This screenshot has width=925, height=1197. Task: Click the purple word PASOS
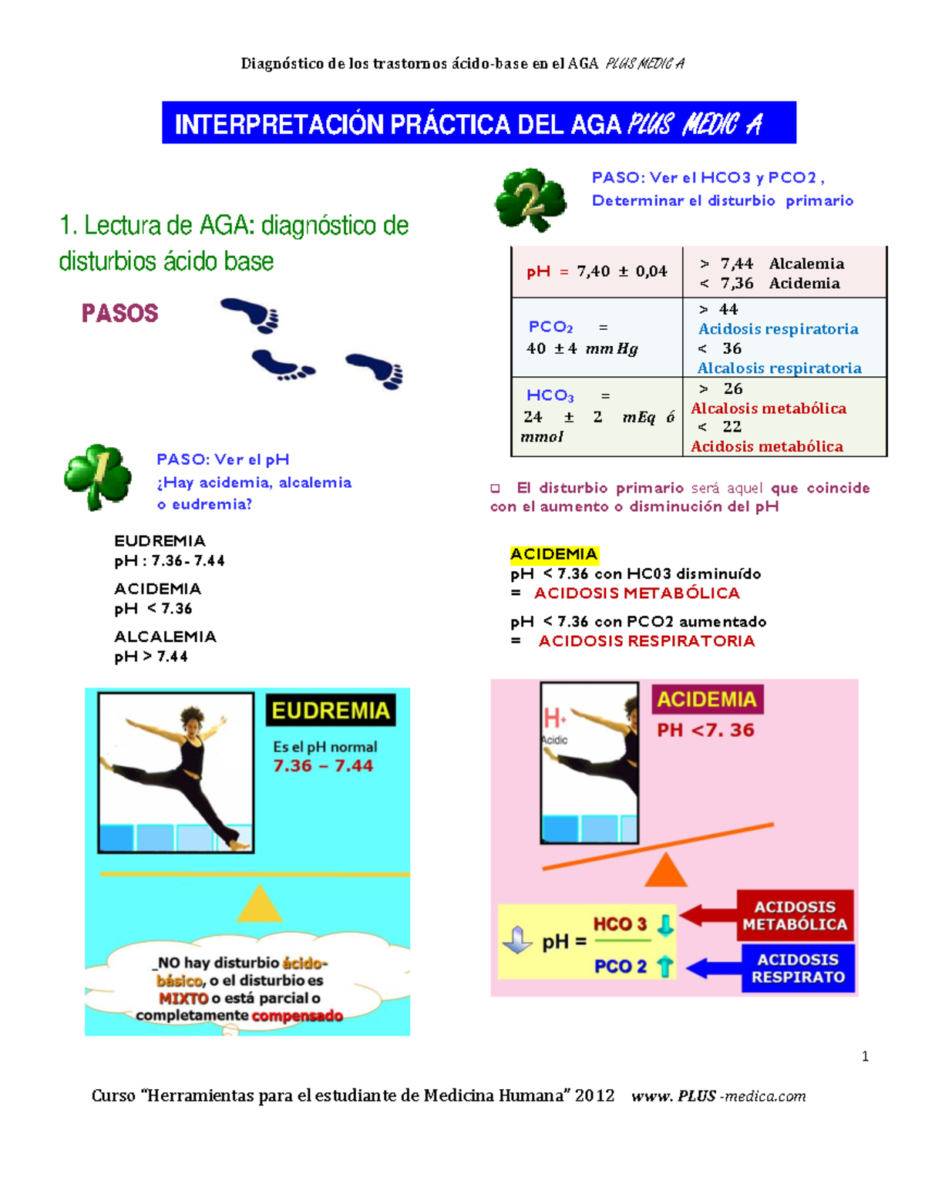pyautogui.click(x=119, y=313)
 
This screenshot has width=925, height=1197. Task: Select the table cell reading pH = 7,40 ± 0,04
pyautogui.click(x=597, y=271)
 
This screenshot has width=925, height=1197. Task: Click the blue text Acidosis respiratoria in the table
pyautogui.click(x=778, y=329)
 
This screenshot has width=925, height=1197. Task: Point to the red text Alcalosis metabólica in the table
pyautogui.click(x=769, y=409)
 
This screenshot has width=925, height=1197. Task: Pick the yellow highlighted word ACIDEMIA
pyautogui.click(x=553, y=554)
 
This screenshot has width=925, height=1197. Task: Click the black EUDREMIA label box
pyautogui.click(x=331, y=711)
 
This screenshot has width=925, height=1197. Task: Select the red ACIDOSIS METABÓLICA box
pyautogui.click(x=795, y=916)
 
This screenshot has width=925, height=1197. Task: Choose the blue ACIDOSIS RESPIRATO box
pyautogui.click(x=798, y=969)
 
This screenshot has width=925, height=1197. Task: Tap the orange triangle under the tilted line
pyautogui.click(x=665, y=871)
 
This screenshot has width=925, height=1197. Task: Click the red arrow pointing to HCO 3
pyautogui.click(x=707, y=916)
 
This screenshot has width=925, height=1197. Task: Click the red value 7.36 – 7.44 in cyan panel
pyautogui.click(x=323, y=766)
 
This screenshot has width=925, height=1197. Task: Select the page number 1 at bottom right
pyautogui.click(x=865, y=1057)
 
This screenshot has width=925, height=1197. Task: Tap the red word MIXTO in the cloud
pyautogui.click(x=183, y=998)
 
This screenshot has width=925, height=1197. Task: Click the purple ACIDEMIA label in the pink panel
pyautogui.click(x=707, y=700)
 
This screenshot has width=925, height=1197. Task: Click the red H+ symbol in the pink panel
pyautogui.click(x=554, y=719)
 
